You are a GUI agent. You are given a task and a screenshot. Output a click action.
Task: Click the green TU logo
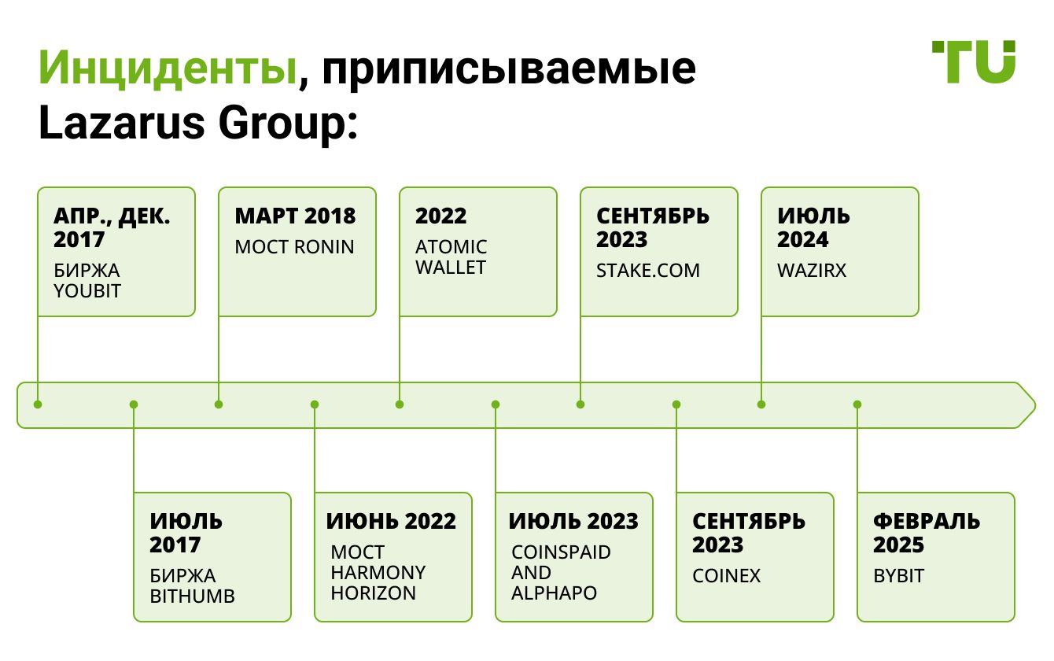(x=974, y=61)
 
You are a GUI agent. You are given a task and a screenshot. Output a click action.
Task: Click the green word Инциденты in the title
(x=168, y=68)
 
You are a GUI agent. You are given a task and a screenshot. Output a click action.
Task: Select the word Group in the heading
(x=283, y=124)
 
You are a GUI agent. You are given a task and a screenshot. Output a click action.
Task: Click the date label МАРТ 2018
(x=295, y=216)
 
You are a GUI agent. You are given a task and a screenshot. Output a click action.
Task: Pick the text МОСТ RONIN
(x=294, y=247)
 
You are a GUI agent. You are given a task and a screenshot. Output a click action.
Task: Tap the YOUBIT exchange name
(x=87, y=291)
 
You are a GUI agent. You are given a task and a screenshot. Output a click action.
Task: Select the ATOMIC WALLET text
(x=451, y=257)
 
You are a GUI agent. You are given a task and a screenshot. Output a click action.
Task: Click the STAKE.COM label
(x=648, y=270)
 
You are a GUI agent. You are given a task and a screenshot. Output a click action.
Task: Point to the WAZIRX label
(x=812, y=270)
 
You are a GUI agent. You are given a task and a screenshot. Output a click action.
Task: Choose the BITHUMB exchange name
(x=192, y=596)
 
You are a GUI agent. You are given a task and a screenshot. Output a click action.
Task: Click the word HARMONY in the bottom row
(x=378, y=573)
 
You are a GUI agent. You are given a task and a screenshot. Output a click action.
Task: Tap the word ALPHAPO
(x=554, y=593)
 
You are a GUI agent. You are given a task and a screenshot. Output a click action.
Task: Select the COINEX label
(x=726, y=576)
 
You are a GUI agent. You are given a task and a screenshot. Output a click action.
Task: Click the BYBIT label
(x=898, y=576)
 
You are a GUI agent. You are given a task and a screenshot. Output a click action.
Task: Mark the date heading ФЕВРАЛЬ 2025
(x=927, y=533)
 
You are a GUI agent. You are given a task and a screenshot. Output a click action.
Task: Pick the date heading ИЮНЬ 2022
(x=391, y=521)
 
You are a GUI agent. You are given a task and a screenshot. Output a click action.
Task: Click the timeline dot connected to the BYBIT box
(x=857, y=404)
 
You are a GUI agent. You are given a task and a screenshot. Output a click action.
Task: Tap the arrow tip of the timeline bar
(x=1035, y=405)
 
